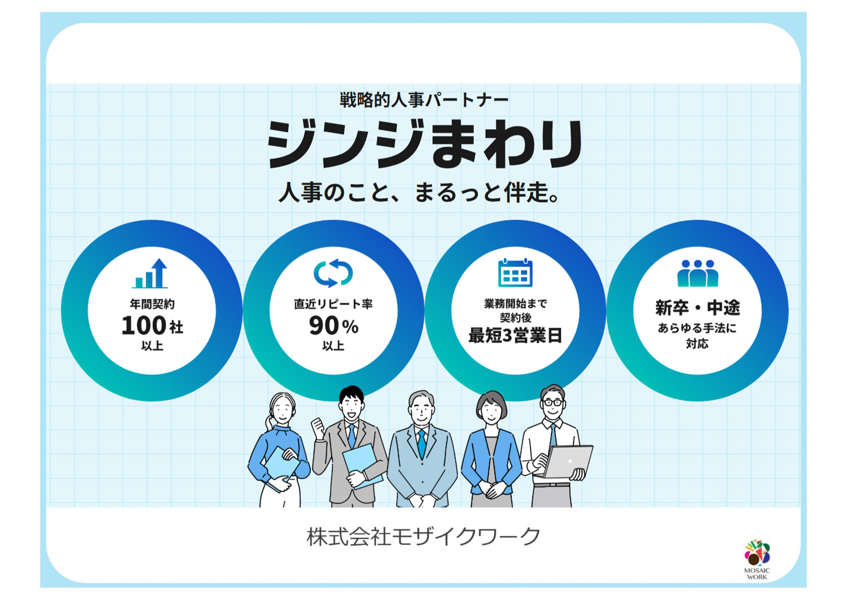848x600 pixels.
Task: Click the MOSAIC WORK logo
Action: click(757, 559)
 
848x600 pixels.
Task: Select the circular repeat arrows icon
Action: click(333, 273)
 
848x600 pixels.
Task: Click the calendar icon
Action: click(515, 273)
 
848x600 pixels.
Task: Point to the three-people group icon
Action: click(697, 273)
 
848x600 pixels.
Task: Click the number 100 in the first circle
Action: click(144, 326)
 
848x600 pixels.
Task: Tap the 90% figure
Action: click(333, 326)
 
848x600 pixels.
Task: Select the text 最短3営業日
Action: click(515, 336)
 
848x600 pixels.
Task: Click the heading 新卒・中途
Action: click(697, 308)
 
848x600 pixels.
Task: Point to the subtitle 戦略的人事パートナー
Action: click(424, 100)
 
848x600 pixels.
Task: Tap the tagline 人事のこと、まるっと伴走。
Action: click(419, 192)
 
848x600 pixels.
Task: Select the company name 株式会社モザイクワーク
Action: click(424, 536)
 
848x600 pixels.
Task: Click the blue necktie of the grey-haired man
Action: click(421, 443)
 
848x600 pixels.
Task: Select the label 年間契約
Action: click(152, 304)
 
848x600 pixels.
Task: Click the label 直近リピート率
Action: click(333, 304)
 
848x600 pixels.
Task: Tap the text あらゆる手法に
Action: click(697, 328)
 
